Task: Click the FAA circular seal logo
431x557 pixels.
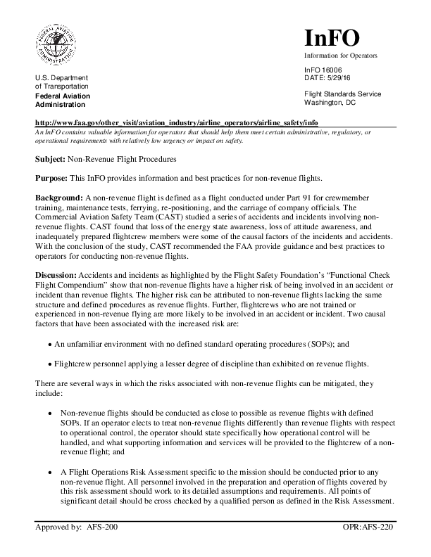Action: [x=58, y=44]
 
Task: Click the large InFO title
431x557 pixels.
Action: [x=332, y=38]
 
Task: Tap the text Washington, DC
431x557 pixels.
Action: [x=330, y=102]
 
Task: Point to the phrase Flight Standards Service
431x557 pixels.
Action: [x=342, y=94]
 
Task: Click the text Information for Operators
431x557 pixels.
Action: [x=340, y=55]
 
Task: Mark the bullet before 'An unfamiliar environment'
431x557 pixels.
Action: [x=49, y=345]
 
